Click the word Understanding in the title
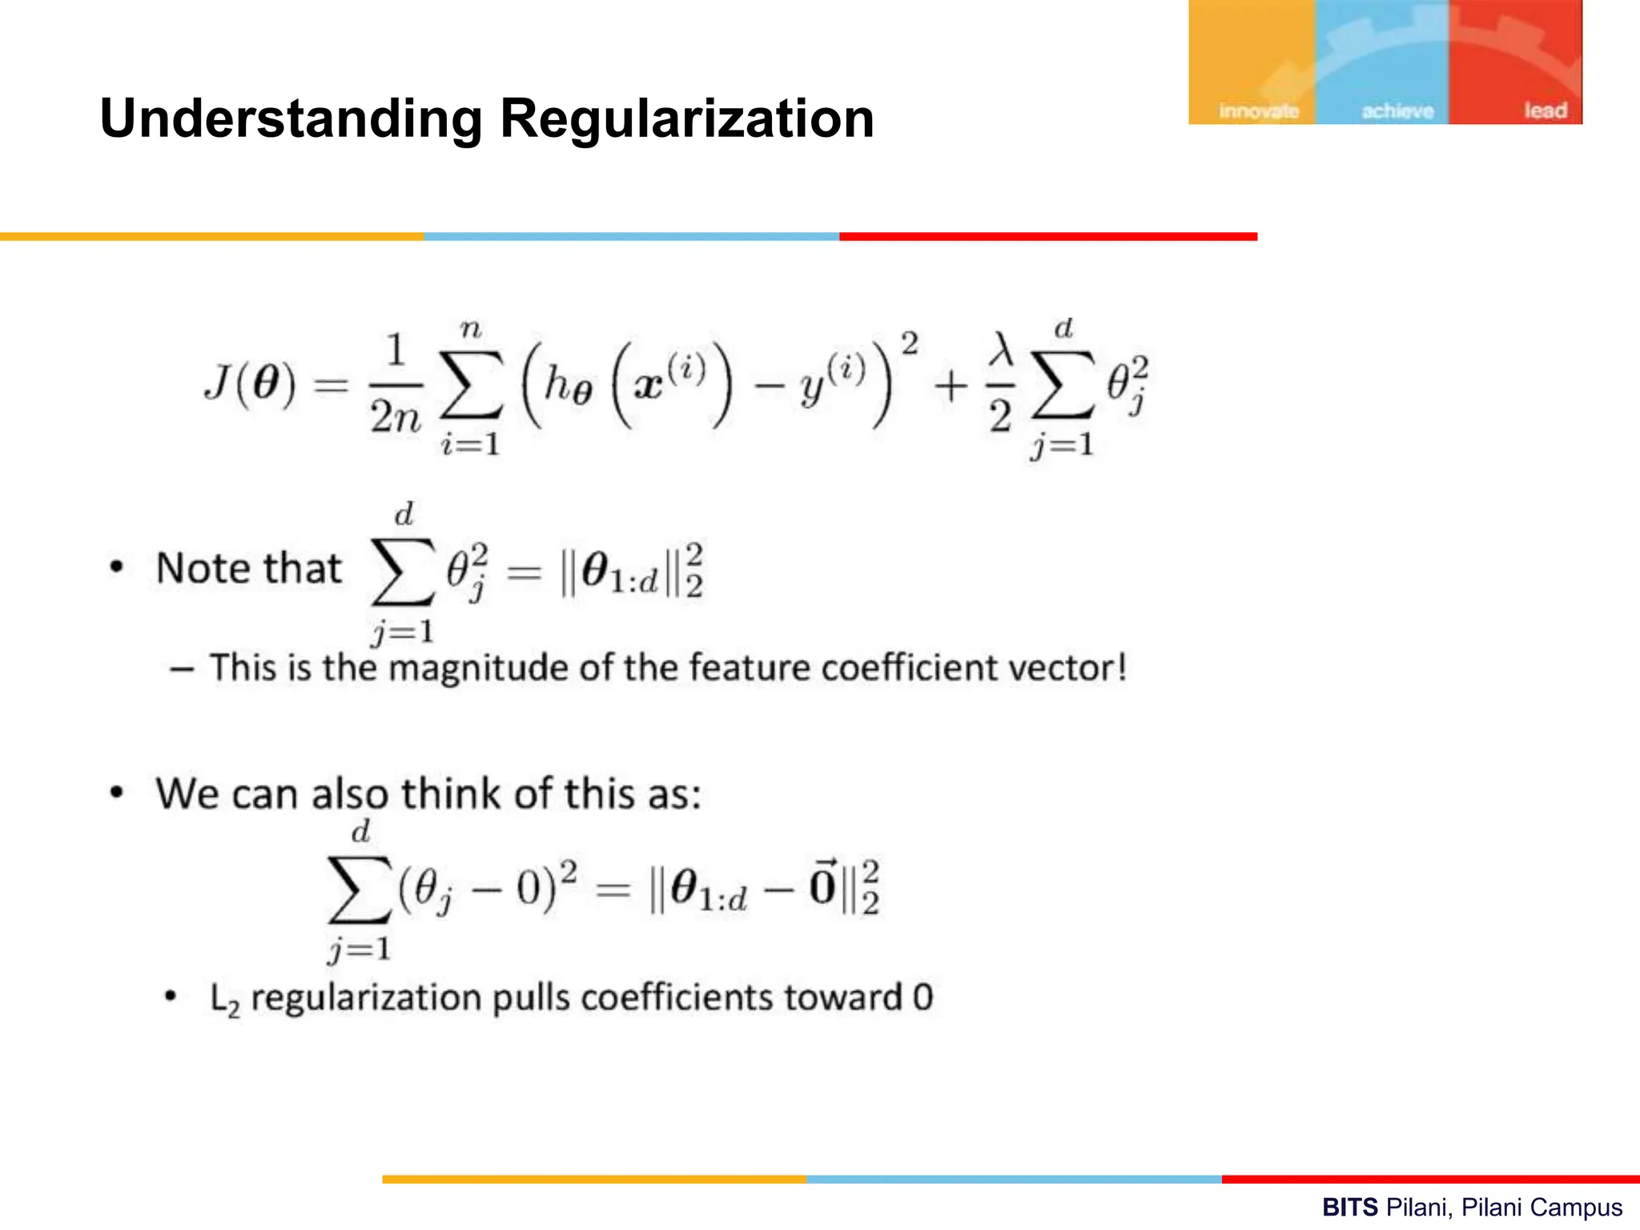(291, 119)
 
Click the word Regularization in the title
(686, 119)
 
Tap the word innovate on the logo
(1258, 111)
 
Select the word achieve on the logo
(1397, 111)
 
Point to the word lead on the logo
(1545, 111)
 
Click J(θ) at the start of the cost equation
(249, 384)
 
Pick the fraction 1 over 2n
(395, 385)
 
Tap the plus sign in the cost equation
(951, 387)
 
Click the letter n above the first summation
(471, 329)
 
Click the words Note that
(249, 569)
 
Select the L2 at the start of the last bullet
(224, 999)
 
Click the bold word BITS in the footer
(1349, 1207)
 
